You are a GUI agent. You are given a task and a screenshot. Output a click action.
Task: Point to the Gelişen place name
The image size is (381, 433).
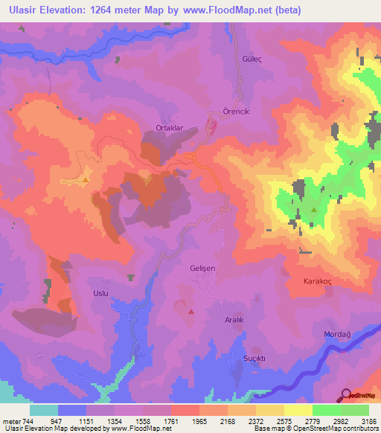click(x=203, y=267)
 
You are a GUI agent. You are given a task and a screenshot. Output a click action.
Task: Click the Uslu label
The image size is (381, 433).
click(x=100, y=293)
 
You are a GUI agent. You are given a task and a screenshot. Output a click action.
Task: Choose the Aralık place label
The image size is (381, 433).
click(x=235, y=318)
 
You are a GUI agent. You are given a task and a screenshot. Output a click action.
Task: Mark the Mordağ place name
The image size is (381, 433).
click(x=337, y=334)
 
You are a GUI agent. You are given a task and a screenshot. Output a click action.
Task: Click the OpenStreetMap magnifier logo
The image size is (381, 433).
click(x=345, y=394)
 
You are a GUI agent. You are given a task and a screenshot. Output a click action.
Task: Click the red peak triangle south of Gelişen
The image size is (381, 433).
click(x=191, y=312)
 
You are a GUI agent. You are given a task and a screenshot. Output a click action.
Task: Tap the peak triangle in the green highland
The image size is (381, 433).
click(x=314, y=211)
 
